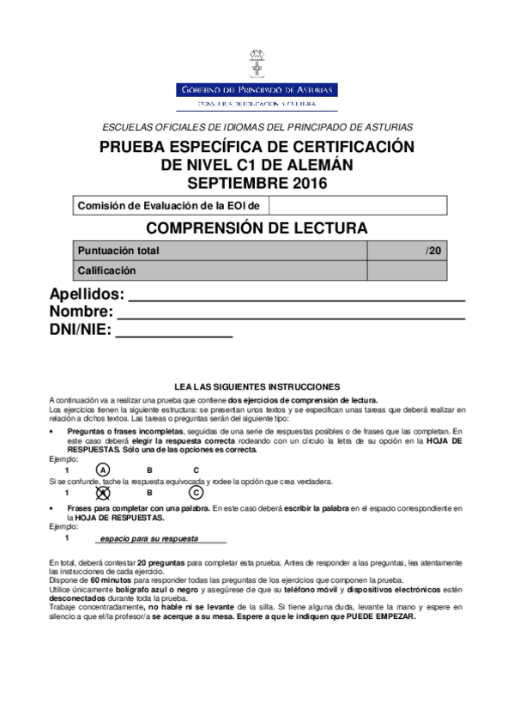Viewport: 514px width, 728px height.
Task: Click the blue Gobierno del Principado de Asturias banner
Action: [x=257, y=89]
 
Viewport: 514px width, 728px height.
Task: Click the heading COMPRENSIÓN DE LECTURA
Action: [x=257, y=228]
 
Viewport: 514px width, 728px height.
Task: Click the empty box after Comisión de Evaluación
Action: [x=358, y=205]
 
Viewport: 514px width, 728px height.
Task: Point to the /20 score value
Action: [x=433, y=251]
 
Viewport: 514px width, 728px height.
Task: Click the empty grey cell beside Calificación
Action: [x=406, y=270]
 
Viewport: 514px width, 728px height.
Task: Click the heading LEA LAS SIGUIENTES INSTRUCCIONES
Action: [x=257, y=387]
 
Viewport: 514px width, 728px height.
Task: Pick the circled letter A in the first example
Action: [x=102, y=470]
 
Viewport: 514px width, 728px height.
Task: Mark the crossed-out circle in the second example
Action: [x=102, y=493]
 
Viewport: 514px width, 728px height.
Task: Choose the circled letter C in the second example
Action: [x=196, y=493]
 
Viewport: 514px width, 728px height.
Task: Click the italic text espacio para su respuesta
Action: [x=149, y=538]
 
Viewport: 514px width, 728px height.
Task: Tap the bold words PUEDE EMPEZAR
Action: [x=381, y=617]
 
